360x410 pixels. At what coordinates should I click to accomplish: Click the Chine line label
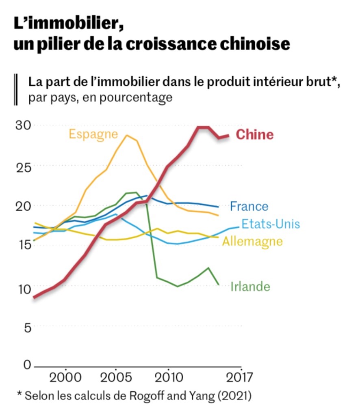[254, 134]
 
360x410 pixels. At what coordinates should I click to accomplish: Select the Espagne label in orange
[93, 134]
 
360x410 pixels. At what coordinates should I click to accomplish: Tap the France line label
[249, 206]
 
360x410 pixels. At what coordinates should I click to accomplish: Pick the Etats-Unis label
[271, 224]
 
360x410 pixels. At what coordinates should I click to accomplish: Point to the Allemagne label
[252, 241]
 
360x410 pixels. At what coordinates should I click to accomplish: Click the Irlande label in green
[250, 287]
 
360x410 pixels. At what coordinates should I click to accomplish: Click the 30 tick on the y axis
[23, 125]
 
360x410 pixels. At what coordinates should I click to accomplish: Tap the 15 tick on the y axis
[23, 245]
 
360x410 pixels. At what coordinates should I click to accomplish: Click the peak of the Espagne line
[126, 135]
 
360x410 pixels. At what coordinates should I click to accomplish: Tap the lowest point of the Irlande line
[177, 286]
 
